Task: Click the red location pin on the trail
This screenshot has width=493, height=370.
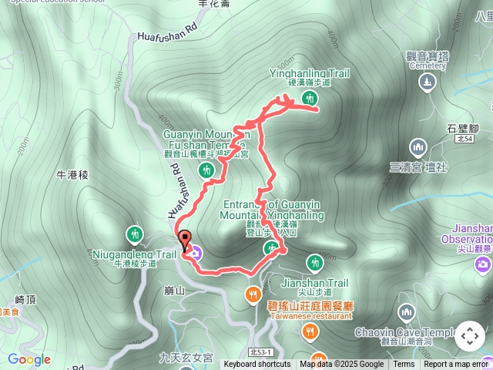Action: pos(184,239)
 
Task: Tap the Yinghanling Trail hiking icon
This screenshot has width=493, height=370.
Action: pos(310,98)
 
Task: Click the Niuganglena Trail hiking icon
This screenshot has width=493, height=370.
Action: pos(135,234)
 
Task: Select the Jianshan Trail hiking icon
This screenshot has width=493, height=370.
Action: pos(314,263)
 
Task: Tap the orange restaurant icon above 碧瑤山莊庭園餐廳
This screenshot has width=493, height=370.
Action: pos(253,294)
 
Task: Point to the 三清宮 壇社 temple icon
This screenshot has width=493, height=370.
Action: pos(418,146)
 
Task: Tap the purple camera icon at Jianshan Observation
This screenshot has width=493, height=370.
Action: pos(483,266)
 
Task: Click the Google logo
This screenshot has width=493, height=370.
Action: pos(29,359)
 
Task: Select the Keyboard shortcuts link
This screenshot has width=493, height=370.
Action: pos(257,365)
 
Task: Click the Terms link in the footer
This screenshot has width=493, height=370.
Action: pos(404,365)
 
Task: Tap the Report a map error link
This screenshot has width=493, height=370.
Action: pos(456,365)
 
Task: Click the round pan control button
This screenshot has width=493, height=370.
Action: pos(469,336)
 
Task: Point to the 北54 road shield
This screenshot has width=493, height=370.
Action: pos(463,140)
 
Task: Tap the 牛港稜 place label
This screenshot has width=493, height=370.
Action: pos(73,175)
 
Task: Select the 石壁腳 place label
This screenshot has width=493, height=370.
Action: pos(462,129)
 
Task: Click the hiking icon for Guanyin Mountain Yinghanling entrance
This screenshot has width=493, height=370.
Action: pos(270,247)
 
